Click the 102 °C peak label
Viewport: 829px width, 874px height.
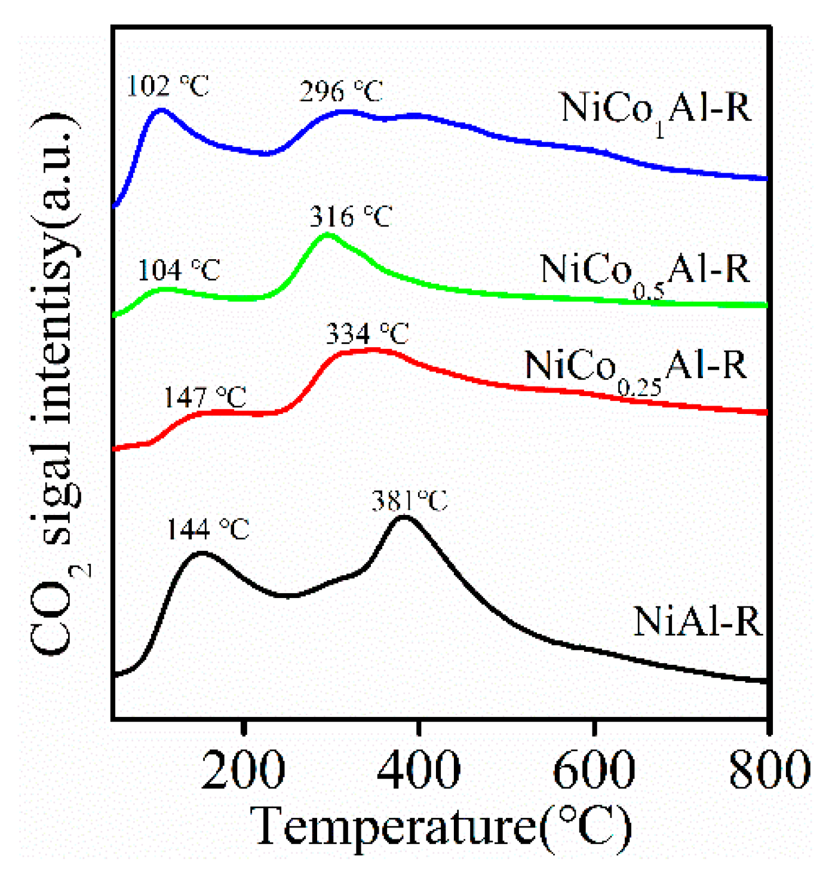[168, 86]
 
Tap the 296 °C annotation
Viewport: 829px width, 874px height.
[341, 91]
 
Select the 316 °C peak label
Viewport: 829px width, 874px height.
[351, 216]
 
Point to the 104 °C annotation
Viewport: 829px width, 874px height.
[179, 270]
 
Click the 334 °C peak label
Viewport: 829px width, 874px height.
[367, 333]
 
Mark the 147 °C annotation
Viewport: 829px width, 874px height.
[205, 397]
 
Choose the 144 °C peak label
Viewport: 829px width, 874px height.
[207, 529]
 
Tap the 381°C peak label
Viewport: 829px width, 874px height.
[409, 501]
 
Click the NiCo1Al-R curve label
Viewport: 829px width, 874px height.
[655, 111]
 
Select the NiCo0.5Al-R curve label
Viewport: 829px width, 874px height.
[644, 272]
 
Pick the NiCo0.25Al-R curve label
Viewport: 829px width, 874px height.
[635, 368]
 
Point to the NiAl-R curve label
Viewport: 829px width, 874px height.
[698, 622]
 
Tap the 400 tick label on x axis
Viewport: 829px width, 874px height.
[419, 771]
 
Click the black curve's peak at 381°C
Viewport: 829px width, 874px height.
[404, 517]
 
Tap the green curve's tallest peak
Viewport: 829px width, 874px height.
[327, 234]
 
